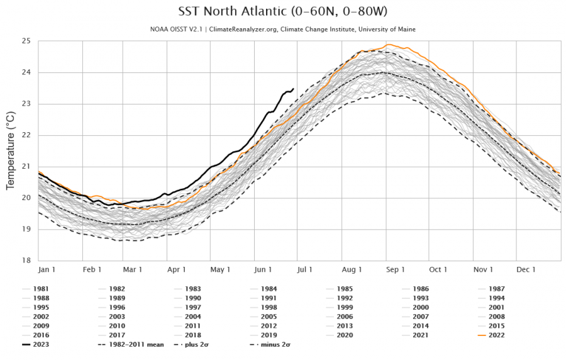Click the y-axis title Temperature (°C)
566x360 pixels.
10,150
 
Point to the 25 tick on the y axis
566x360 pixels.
26,41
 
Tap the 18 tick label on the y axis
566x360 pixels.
26,260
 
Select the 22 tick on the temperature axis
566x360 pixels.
26,135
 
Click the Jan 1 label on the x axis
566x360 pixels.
48,269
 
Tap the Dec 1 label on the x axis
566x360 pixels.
526,269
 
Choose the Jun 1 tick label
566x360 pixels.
264,269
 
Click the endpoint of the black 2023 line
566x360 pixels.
294,89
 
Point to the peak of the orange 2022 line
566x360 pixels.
389,45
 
